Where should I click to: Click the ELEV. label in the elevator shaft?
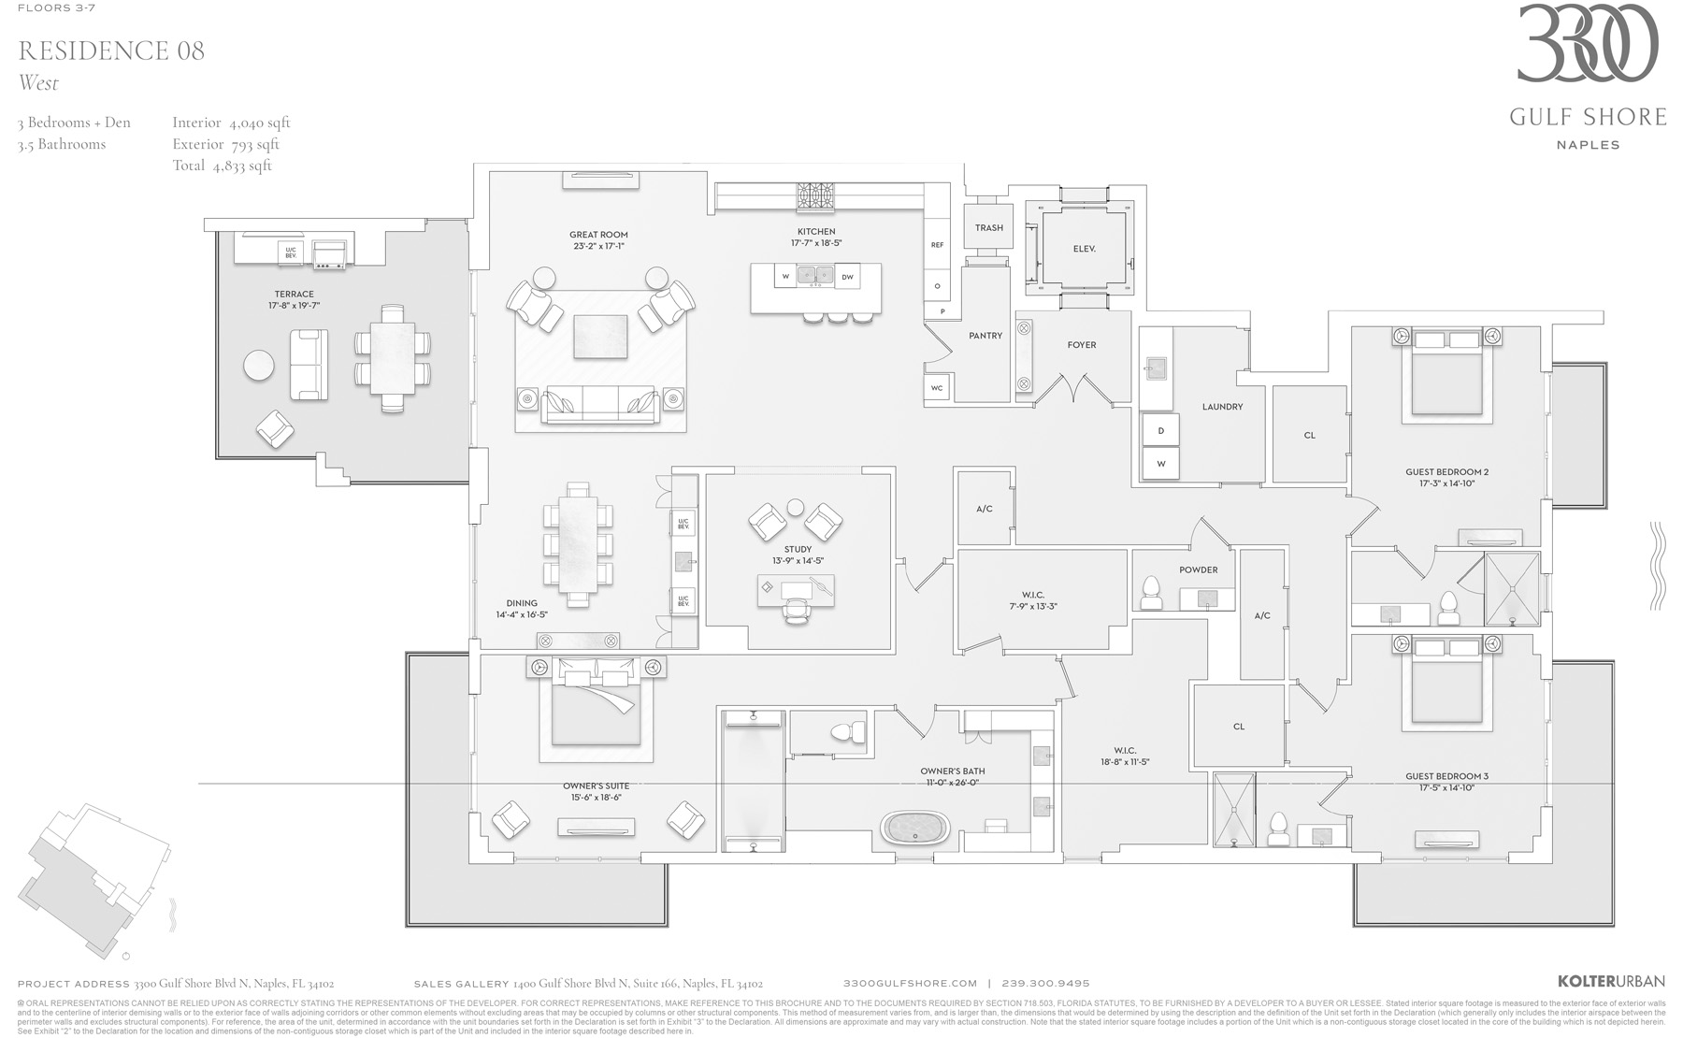pyautogui.click(x=1084, y=249)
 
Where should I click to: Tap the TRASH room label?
pyautogui.click(x=988, y=227)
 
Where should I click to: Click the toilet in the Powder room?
pyautogui.click(x=1152, y=593)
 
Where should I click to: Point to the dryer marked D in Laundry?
pyautogui.click(x=1160, y=431)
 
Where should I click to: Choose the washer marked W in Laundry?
pyautogui.click(x=1160, y=463)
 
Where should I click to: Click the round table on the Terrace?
pyautogui.click(x=259, y=366)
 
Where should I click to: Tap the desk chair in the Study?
pyautogui.click(x=796, y=610)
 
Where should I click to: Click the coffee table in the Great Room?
pyautogui.click(x=599, y=337)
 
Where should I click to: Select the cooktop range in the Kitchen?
pyautogui.click(x=815, y=198)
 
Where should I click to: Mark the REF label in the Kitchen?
pyautogui.click(x=937, y=245)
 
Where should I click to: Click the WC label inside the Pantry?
pyautogui.click(x=936, y=388)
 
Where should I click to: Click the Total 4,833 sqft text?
pyautogui.click(x=222, y=166)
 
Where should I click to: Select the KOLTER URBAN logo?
pyautogui.click(x=1611, y=981)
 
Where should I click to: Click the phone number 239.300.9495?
pyautogui.click(x=1045, y=983)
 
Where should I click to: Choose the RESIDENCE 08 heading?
pyautogui.click(x=111, y=50)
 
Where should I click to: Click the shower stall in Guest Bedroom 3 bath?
pyautogui.click(x=1233, y=810)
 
